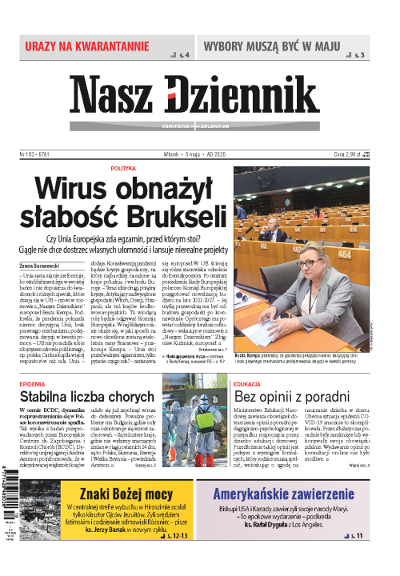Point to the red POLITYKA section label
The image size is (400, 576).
123,169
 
